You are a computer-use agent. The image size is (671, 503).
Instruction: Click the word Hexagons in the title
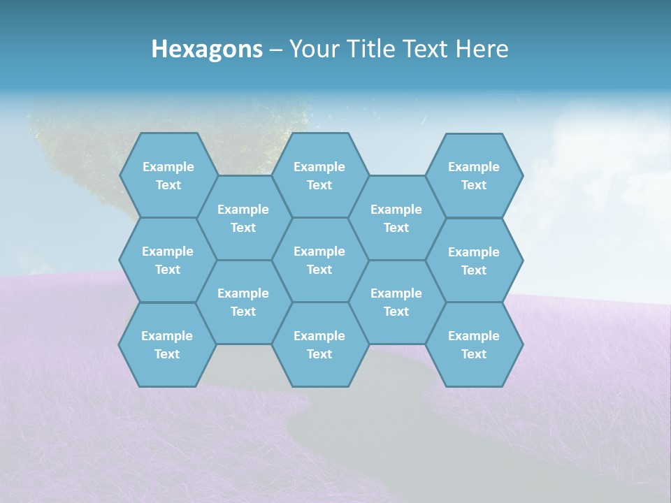coord(207,49)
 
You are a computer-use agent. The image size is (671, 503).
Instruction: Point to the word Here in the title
coord(482,49)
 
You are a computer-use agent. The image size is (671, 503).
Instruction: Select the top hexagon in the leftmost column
coord(168,175)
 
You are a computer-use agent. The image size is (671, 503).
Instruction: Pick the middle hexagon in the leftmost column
coord(168,260)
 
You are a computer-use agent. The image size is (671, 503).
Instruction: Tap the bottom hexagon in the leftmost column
coord(167,344)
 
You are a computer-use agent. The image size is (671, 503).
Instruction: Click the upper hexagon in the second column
coord(243,218)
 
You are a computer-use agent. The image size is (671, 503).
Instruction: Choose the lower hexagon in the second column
coord(243,302)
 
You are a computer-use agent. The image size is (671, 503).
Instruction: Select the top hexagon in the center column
coord(319,175)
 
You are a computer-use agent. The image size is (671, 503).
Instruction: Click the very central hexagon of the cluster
coord(319,260)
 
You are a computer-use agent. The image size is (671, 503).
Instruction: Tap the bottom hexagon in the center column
coord(319,344)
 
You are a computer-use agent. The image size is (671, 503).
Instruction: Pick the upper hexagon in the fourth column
coord(396,218)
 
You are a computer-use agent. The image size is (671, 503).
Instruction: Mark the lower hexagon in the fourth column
coord(396,302)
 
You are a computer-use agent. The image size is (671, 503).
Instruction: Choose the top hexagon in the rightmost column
coord(474,175)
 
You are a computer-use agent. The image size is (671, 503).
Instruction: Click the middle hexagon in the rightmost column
coord(474,261)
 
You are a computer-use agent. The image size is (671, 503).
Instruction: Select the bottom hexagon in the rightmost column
coord(474,344)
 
